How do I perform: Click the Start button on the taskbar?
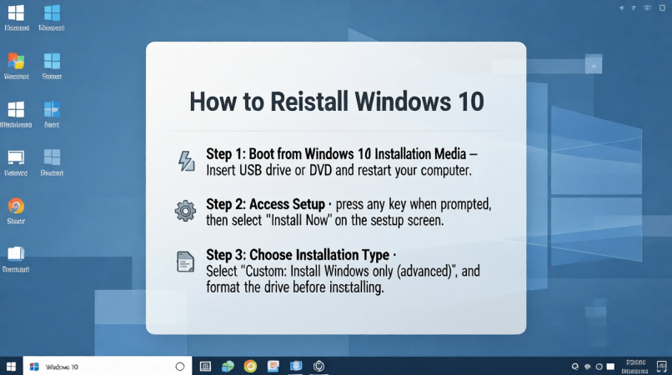click(x=12, y=366)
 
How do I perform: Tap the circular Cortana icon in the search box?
click(x=179, y=367)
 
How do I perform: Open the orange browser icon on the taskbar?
click(x=250, y=366)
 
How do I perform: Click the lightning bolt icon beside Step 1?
click(x=186, y=162)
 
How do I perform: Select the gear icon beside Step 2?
click(x=185, y=211)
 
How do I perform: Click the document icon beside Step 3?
click(x=185, y=262)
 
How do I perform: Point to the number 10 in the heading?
click(x=467, y=101)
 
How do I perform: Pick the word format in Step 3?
click(x=228, y=287)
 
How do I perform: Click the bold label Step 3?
click(x=227, y=254)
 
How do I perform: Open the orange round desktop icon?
click(x=16, y=207)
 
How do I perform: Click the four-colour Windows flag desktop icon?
click(x=16, y=62)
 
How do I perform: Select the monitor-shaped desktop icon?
click(x=16, y=158)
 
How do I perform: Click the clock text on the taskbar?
click(x=635, y=366)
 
